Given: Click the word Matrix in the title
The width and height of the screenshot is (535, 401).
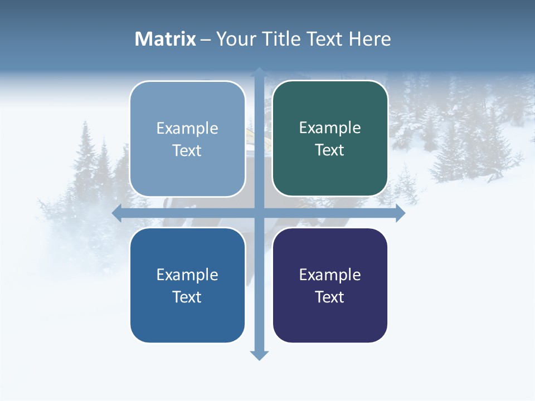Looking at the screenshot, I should [165, 39].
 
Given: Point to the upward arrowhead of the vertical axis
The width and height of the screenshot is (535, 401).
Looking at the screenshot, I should [259, 72].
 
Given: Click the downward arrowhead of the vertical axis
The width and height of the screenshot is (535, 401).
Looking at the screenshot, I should [259, 355].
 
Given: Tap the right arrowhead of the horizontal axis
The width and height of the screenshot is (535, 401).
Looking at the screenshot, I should [400, 213].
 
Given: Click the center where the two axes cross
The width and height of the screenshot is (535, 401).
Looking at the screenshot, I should [259, 213].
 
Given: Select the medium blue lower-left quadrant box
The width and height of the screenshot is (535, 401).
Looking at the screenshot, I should [187, 317].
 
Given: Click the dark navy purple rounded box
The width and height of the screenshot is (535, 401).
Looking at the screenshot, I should [330, 317].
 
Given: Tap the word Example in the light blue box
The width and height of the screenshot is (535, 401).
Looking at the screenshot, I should [187, 128].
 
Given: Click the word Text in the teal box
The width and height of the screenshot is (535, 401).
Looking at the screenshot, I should [330, 150].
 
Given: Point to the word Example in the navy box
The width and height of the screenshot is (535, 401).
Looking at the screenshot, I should [330, 275].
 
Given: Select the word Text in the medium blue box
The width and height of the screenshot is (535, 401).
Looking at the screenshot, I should [187, 297].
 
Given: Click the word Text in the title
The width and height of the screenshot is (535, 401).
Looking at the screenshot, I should [324, 39].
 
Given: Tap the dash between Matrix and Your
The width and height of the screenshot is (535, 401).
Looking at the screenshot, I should [206, 40].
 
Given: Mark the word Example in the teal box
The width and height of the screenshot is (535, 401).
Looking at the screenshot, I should [330, 128].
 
